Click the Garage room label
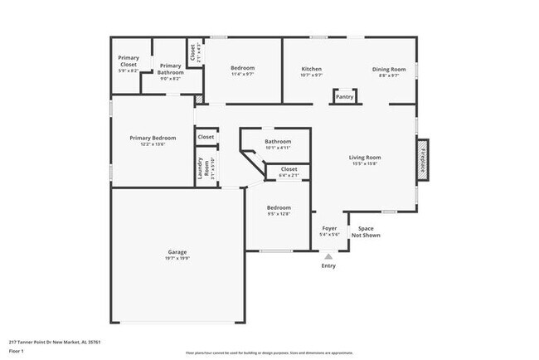click(x=177, y=251)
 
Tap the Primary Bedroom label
click(x=153, y=138)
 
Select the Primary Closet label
click(x=129, y=61)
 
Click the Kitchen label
click(x=311, y=69)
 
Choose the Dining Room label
click(x=388, y=69)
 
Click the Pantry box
click(x=344, y=97)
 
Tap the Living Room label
click(x=364, y=157)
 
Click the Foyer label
click(x=329, y=229)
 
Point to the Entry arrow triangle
click(x=329, y=257)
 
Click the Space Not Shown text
click(x=366, y=232)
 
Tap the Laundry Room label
click(x=200, y=168)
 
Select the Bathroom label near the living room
click(x=278, y=142)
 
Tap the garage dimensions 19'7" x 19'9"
click(x=177, y=258)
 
